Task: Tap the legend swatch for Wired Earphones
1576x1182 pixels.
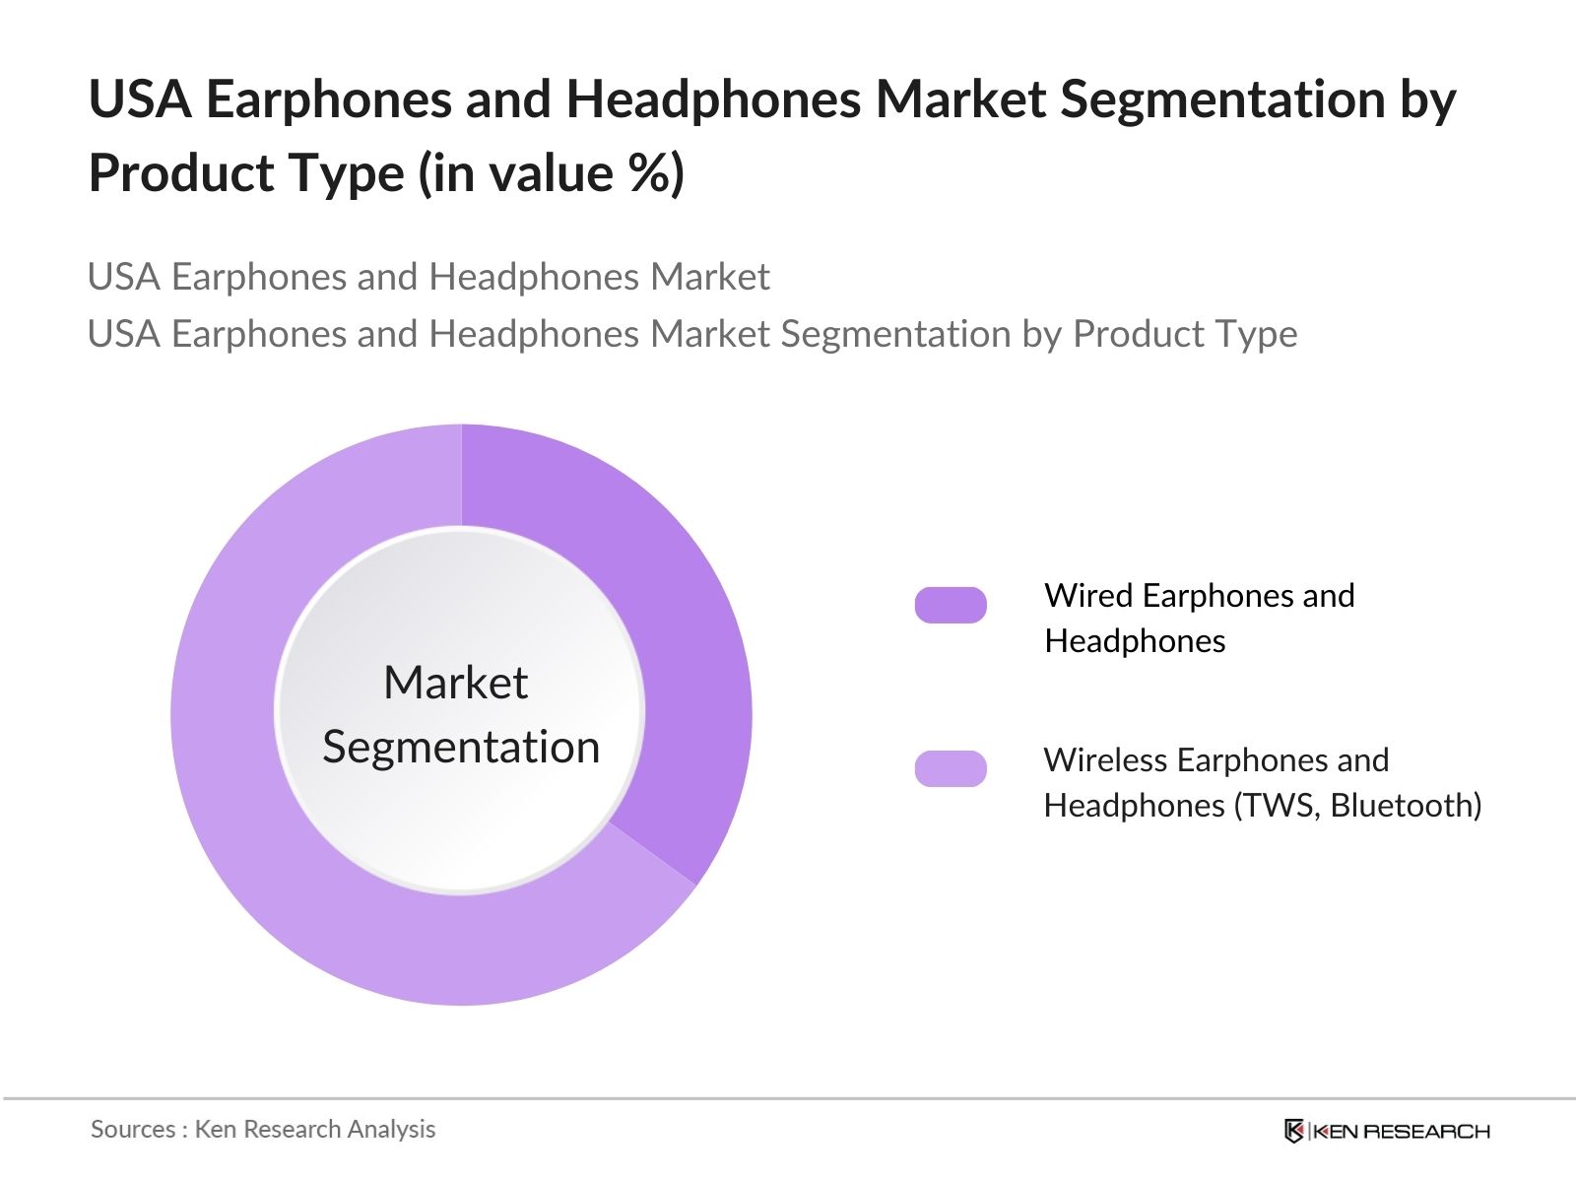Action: (x=951, y=605)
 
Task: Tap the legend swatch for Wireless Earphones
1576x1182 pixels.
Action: (x=951, y=768)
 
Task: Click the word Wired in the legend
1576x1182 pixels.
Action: (x=1088, y=596)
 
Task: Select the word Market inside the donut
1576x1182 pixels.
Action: (x=455, y=683)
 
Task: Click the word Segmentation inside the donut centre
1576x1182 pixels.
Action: (x=461, y=747)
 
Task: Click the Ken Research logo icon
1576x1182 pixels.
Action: (x=1293, y=1131)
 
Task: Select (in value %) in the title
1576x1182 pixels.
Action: (x=552, y=174)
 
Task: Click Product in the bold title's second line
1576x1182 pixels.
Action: (x=176, y=174)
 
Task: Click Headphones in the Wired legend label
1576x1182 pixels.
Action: (x=1135, y=641)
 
